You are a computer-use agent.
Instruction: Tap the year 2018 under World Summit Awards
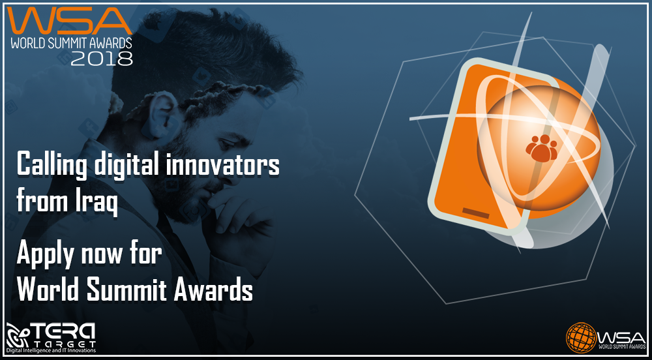tap(102, 59)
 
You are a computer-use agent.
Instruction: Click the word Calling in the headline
tap(52, 164)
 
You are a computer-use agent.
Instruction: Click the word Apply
tap(46, 253)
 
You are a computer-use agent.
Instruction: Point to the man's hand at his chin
tap(239, 216)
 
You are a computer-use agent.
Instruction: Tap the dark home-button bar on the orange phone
tap(476, 213)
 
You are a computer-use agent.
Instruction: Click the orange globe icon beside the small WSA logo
tap(582, 338)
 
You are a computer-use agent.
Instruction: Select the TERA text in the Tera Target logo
tap(64, 332)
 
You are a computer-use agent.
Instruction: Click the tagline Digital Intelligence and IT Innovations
tap(51, 351)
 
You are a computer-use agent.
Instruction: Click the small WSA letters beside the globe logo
tap(621, 335)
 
